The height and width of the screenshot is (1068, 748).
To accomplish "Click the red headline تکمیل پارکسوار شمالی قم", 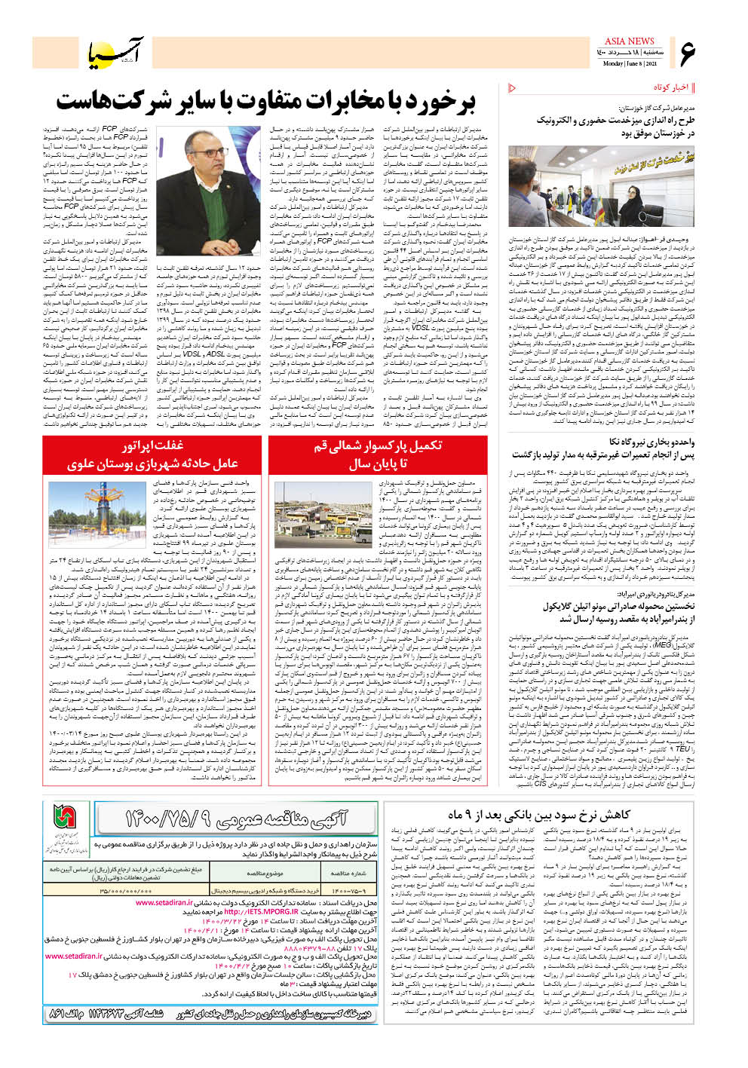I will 377,454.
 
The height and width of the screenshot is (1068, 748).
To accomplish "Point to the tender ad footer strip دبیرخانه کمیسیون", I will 209,1014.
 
